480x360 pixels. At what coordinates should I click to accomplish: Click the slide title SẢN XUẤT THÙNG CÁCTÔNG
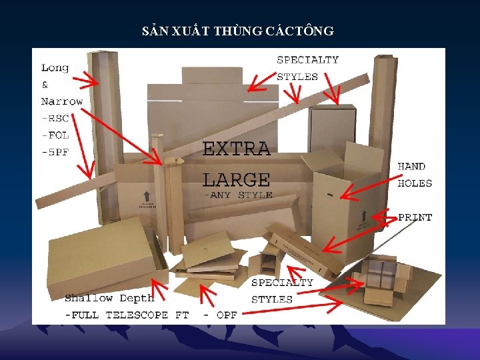pyautogui.click(x=239, y=31)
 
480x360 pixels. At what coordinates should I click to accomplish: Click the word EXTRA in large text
pyautogui.click(x=236, y=149)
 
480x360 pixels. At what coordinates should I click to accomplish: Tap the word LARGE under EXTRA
pyautogui.click(x=236, y=179)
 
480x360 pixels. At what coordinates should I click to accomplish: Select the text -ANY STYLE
pyautogui.click(x=237, y=195)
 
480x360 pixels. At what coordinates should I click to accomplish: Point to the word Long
pyautogui.click(x=55, y=67)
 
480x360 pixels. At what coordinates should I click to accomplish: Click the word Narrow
pyautogui.click(x=61, y=101)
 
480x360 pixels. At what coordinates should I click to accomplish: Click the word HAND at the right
pyautogui.click(x=411, y=166)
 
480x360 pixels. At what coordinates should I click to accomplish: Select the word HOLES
pyautogui.click(x=415, y=183)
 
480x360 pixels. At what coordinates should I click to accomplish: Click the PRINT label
pyautogui.click(x=415, y=217)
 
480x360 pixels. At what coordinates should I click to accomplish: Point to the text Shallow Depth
pyautogui.click(x=109, y=298)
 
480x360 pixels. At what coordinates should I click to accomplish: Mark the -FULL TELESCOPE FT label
pyautogui.click(x=126, y=315)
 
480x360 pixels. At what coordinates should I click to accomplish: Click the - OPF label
pyautogui.click(x=220, y=315)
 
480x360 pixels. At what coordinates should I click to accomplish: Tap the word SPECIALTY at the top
pyautogui.click(x=307, y=60)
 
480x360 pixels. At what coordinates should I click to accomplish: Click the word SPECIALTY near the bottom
pyautogui.click(x=282, y=283)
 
